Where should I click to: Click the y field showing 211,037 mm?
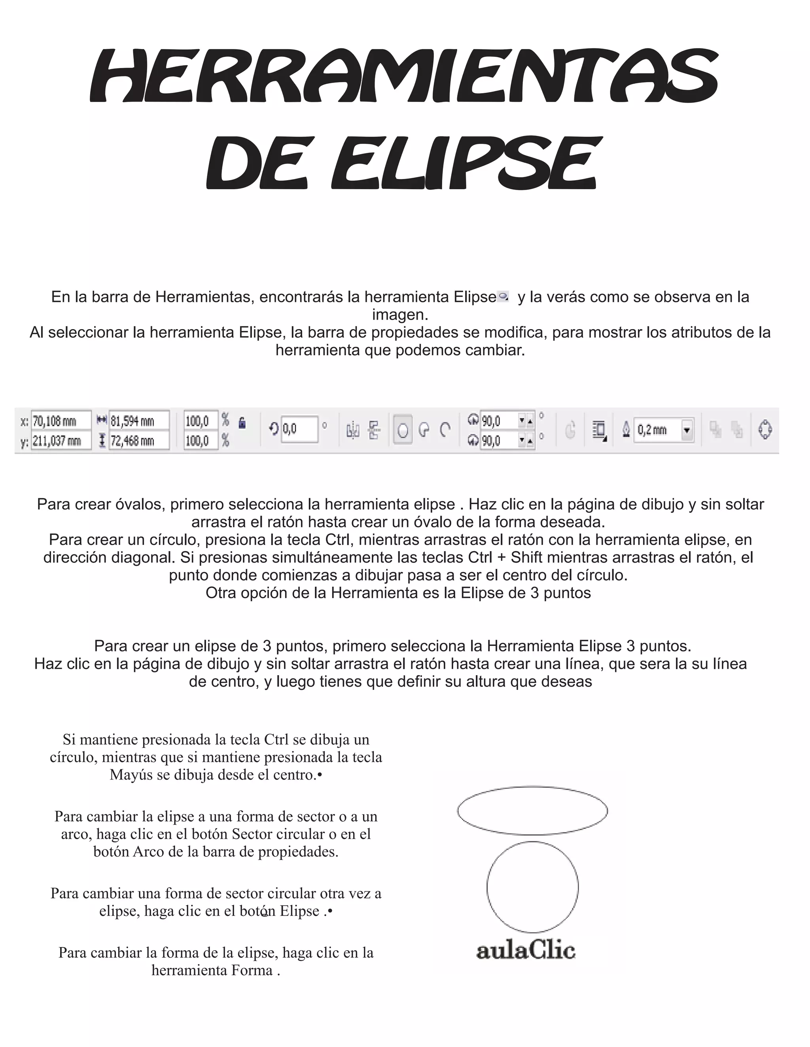(x=61, y=441)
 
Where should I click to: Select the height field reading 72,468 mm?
(x=139, y=441)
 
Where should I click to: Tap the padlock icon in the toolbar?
(x=242, y=422)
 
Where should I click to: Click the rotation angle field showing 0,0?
(x=299, y=429)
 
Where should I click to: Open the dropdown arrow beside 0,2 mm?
(x=687, y=430)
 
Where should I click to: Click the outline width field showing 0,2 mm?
(x=657, y=430)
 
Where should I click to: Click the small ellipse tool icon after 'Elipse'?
(x=503, y=297)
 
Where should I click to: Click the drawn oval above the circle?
(x=532, y=811)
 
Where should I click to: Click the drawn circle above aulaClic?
(x=532, y=887)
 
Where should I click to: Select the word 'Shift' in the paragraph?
(x=526, y=557)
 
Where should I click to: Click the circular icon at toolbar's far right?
(x=765, y=429)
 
